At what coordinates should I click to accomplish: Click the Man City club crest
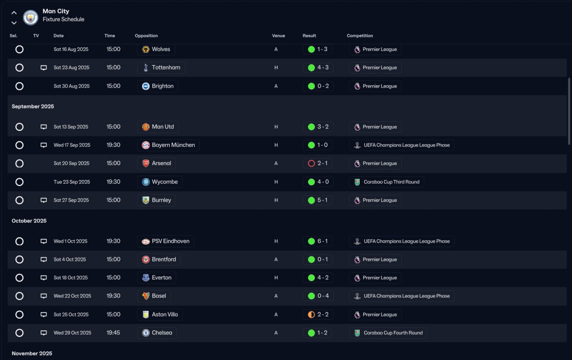31,17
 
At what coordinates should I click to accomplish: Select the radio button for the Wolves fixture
19,49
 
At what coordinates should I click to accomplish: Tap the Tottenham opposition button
161,67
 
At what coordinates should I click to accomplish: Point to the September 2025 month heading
33,106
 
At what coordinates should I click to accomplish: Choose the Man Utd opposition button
158,127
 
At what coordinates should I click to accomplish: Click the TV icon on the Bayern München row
44,145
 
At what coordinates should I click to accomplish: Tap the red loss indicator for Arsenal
311,163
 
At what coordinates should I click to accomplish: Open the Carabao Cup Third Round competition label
387,182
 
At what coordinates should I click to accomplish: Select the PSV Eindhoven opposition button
165,241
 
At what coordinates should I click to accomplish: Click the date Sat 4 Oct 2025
70,260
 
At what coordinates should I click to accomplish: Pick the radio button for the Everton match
19,278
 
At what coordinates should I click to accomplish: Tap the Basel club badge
146,296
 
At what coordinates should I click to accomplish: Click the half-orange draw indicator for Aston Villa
311,314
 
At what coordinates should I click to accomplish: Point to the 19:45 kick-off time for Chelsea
113,333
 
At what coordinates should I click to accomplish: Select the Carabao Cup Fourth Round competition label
388,333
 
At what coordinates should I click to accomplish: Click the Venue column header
278,36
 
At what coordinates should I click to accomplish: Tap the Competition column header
360,36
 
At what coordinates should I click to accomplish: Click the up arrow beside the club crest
14,13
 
